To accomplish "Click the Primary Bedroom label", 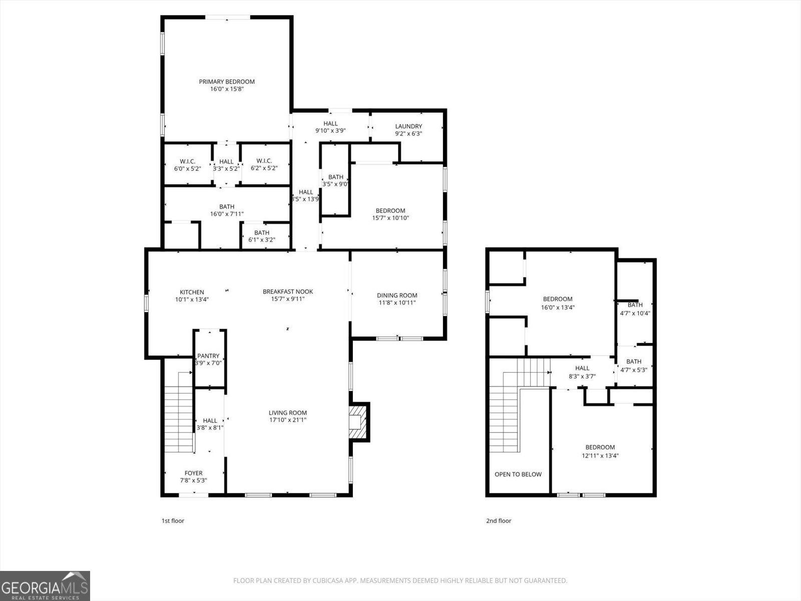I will tap(227, 82).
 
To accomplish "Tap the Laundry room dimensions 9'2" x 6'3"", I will tap(409, 134).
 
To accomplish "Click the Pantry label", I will tap(208, 356).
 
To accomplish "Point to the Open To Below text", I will tap(518, 474).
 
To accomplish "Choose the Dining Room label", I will tap(397, 295).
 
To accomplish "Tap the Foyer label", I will tap(194, 473).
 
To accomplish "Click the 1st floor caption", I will tap(173, 521).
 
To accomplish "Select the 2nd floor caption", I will tap(499, 521).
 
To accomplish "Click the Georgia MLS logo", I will tap(45, 586).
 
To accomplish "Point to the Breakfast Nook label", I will tap(288, 291).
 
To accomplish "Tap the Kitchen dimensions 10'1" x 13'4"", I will tap(192, 299).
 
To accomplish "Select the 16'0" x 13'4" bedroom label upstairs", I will tap(557, 299).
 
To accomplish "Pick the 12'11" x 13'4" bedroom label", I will tap(600, 447).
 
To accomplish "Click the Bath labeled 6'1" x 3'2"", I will tap(262, 232).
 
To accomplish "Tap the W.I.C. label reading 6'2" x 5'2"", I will tap(264, 161).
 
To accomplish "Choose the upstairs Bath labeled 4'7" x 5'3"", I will tap(634, 362).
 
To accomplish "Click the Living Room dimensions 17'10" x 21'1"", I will tap(288, 420).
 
